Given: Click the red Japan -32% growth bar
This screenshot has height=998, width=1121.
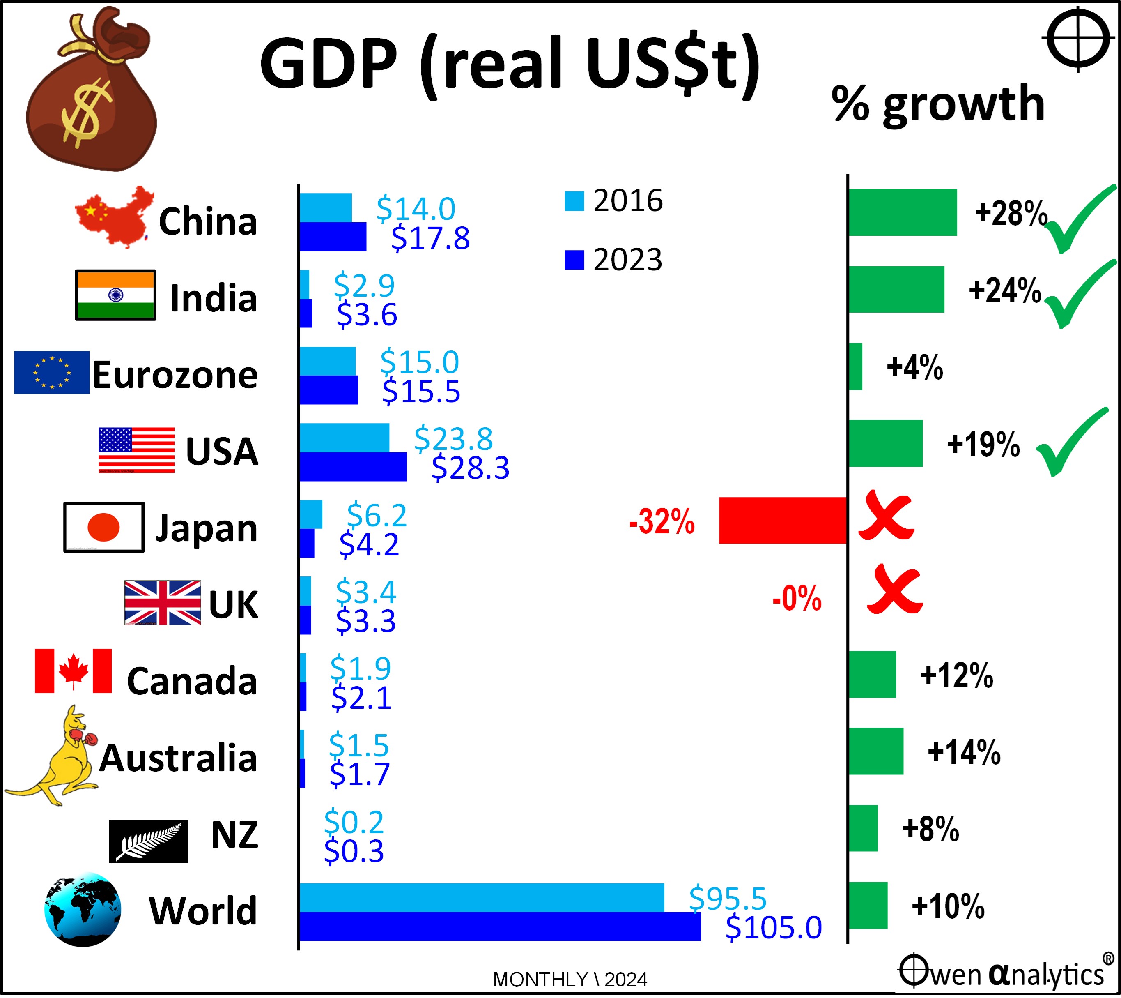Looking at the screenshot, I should [x=783, y=520].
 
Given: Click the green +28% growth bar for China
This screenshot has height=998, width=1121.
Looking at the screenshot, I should [x=902, y=212].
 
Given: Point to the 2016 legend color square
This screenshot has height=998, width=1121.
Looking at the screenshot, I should [x=574, y=201].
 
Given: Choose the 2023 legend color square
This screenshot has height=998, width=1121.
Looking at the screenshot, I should [x=574, y=260].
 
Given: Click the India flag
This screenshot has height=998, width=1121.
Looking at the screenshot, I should [x=115, y=295].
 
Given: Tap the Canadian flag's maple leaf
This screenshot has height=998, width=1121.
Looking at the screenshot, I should [x=74, y=671].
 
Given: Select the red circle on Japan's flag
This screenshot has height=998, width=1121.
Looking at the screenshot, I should [x=103, y=527].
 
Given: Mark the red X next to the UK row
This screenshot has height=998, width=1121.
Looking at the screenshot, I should [x=894, y=590].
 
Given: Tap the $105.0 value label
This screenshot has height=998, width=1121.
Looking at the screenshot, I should [x=773, y=928].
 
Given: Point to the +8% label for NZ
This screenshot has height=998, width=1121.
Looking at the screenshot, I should [x=931, y=828].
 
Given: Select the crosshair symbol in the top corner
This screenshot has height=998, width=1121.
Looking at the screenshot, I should [x=1077, y=39].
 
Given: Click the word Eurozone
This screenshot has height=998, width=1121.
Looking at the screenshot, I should [x=175, y=375].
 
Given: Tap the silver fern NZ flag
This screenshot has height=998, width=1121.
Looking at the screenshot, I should [x=148, y=841].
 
